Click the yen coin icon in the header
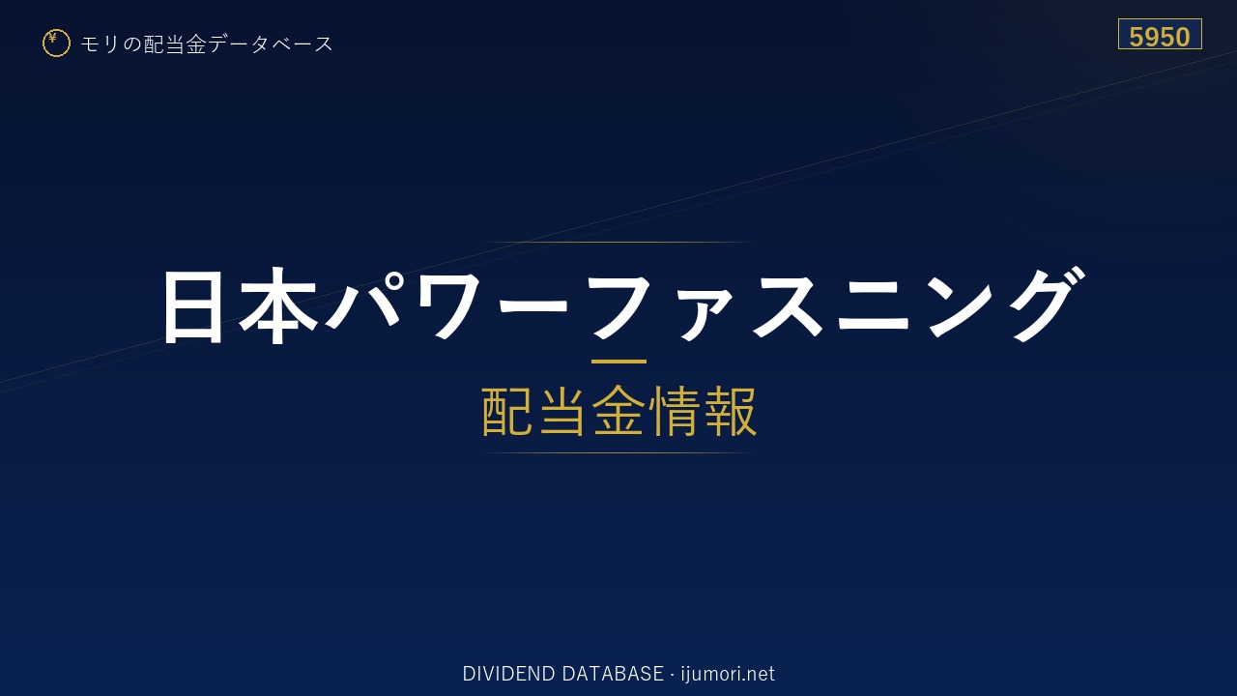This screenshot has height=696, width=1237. (x=56, y=43)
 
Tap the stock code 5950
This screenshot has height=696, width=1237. (x=1160, y=37)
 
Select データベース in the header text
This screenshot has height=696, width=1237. (x=272, y=44)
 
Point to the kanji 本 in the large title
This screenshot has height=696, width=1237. (x=277, y=306)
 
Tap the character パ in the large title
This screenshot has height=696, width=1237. (x=364, y=301)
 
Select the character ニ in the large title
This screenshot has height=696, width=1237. (x=873, y=306)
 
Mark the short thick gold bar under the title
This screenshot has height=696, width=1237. (x=618, y=362)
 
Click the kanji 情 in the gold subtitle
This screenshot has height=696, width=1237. (x=675, y=412)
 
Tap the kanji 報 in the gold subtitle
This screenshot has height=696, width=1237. (x=730, y=412)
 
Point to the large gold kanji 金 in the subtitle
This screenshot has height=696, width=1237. (x=618, y=412)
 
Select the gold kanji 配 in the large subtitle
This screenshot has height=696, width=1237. (x=507, y=412)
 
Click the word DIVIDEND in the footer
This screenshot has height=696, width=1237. (x=508, y=674)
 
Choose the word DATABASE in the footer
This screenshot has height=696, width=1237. (x=613, y=674)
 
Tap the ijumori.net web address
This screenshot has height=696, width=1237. (x=728, y=674)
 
